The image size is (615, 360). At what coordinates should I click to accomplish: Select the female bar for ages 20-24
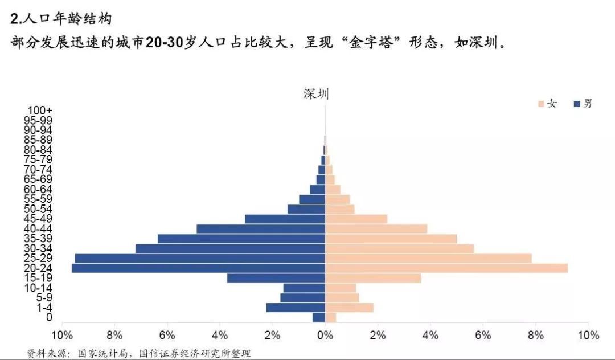point(446,268)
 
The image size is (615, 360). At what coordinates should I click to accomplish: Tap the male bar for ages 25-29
point(200,258)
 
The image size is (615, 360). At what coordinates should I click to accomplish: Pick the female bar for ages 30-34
point(399,248)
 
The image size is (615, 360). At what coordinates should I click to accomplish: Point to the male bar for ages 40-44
point(261,228)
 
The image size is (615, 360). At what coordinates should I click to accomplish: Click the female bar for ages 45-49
point(356,219)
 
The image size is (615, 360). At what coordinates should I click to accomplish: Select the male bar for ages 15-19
point(276,278)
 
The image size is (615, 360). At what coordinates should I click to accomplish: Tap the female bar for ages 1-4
point(349,308)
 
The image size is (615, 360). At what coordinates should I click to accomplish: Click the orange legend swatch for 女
point(541,104)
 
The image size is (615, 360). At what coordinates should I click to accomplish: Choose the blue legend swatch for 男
point(577,104)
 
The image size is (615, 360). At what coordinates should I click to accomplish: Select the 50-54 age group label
point(39,209)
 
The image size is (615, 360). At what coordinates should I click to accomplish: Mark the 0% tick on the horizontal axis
point(325,334)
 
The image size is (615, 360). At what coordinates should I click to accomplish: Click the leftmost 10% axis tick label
point(61,334)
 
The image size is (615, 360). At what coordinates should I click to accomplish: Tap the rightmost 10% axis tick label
point(588,334)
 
